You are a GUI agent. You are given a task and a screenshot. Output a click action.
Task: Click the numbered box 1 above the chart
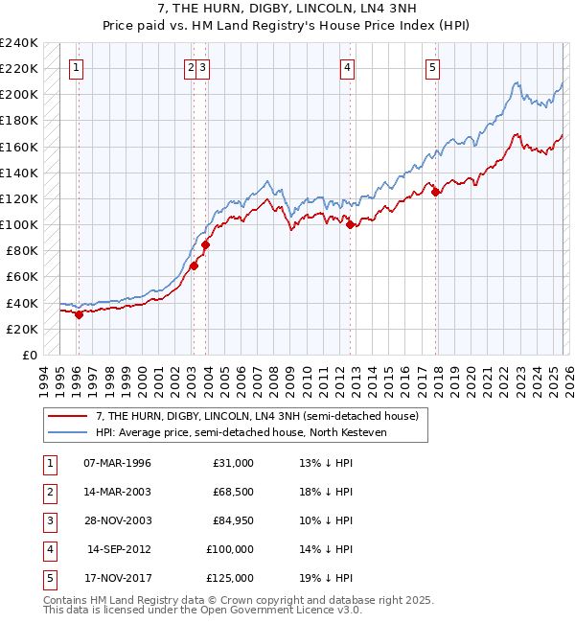[76, 67]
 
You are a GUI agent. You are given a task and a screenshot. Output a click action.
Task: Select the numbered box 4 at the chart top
[347, 67]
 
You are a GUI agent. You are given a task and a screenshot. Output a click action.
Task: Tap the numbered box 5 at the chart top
[433, 67]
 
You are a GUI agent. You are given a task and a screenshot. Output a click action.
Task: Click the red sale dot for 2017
[436, 193]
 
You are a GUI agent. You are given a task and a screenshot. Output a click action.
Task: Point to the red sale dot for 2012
[350, 225]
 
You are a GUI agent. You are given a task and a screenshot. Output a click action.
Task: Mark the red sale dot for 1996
[79, 314]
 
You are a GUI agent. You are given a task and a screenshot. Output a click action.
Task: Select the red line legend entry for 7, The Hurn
[257, 416]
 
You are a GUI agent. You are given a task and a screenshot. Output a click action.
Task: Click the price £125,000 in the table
[230, 578]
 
